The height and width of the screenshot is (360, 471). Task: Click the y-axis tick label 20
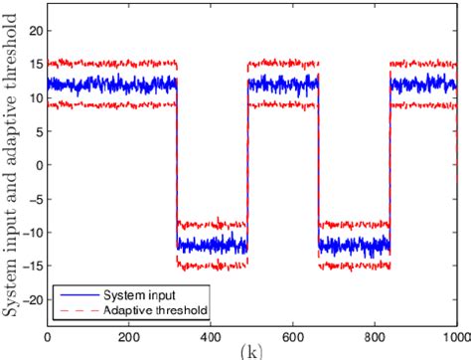click(37, 30)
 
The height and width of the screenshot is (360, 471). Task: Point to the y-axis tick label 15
click(37, 64)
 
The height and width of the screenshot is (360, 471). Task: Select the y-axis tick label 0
click(40, 165)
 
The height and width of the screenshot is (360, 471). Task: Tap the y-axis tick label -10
click(34, 233)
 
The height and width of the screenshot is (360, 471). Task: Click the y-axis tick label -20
click(34, 300)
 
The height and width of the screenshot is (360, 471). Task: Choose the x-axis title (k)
click(252, 351)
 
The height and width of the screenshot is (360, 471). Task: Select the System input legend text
click(135, 296)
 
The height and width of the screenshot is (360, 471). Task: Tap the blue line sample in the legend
click(76, 296)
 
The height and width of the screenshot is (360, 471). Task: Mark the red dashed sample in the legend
click(76, 310)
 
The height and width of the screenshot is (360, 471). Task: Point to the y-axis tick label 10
click(37, 97)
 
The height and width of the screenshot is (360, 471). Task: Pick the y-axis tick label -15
click(34, 267)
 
